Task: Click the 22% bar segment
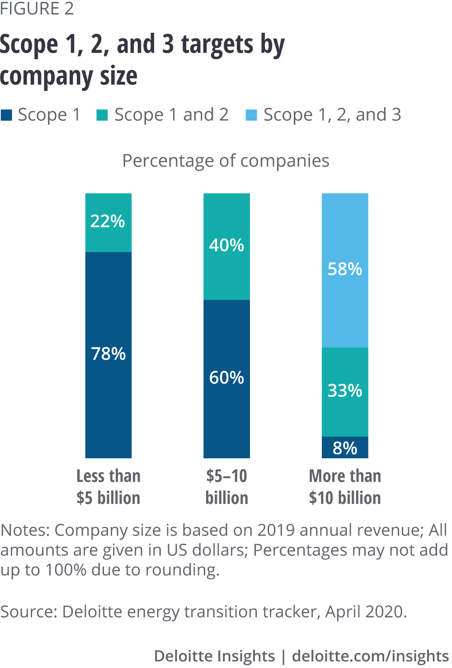pos(108,222)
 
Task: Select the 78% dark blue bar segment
pos(108,354)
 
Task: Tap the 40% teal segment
pos(226,246)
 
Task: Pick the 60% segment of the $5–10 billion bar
pos(226,378)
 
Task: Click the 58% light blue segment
pos(345,270)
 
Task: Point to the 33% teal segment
pos(345,391)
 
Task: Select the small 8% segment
pos(345,447)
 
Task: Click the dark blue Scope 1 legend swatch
pos(7,115)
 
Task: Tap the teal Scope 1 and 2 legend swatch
pos(103,115)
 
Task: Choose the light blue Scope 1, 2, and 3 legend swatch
pos(251,115)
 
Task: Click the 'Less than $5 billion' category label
pos(108,487)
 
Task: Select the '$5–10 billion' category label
pos(226,487)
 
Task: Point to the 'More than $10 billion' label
pos(345,487)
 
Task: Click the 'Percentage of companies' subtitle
pos(226,161)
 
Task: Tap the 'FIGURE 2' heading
pos(37,9)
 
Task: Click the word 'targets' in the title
pos(217,45)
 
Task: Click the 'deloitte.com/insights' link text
pos(370,656)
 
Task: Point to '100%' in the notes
pos(66,570)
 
